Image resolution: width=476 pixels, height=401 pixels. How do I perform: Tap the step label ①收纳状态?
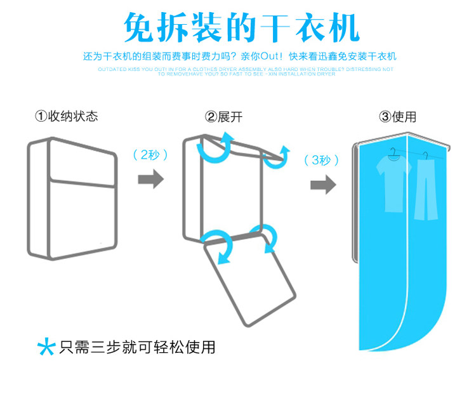[67, 117]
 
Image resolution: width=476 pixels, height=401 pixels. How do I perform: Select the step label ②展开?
[223, 117]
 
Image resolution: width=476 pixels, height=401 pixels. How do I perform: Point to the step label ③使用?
[397, 117]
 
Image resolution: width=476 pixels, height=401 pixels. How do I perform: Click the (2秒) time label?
[150, 155]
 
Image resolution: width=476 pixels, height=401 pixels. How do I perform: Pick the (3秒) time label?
[322, 160]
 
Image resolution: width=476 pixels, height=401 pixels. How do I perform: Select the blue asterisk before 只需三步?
[46, 347]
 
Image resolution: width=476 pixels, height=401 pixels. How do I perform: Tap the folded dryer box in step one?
[72, 199]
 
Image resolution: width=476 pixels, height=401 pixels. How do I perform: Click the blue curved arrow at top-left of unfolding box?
[213, 151]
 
